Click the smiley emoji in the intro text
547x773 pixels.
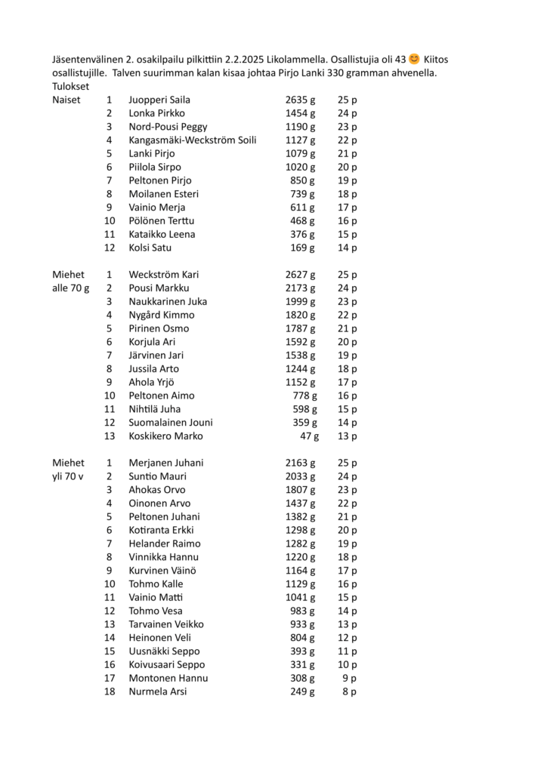pyautogui.click(x=414, y=60)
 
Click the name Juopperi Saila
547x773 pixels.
pyautogui.click(x=159, y=100)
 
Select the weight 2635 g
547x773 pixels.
pyautogui.click(x=300, y=100)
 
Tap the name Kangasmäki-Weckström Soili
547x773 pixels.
pyautogui.click(x=193, y=140)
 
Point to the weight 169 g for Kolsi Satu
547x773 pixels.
pyautogui.click(x=303, y=248)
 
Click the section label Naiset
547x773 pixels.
pyautogui.click(x=66, y=100)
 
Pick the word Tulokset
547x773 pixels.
pyautogui.click(x=70, y=86)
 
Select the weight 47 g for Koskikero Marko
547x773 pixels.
pyautogui.click(x=309, y=436)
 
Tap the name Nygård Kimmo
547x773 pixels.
pyautogui.click(x=162, y=315)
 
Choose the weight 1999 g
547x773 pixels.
pyautogui.click(x=300, y=302)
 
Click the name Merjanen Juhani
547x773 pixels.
pyautogui.click(x=166, y=463)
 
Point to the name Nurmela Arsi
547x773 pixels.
pyautogui.click(x=158, y=691)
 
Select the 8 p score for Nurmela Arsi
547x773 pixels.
pyautogui.click(x=349, y=691)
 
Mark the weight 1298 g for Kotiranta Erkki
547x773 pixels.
pyautogui.click(x=300, y=530)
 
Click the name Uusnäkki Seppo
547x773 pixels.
pyautogui.click(x=165, y=651)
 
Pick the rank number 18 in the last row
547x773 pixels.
pyautogui.click(x=110, y=691)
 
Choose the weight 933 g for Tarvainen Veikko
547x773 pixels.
pyautogui.click(x=303, y=624)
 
